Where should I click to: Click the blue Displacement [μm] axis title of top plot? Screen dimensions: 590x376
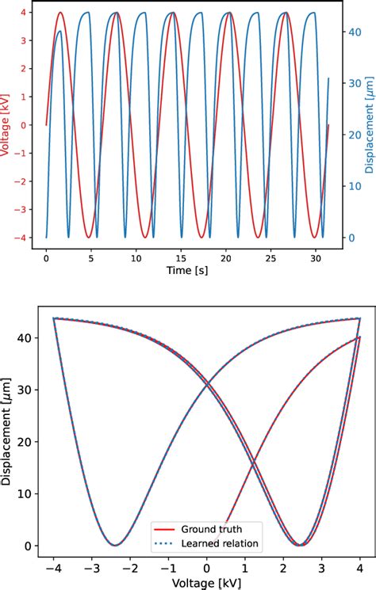[370, 124]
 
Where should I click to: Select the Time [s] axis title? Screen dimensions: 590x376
[182, 272]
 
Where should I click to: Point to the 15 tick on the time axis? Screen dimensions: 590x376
[181, 258]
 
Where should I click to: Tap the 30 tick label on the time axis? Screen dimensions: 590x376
[316, 258]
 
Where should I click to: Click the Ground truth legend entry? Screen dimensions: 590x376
[211, 528]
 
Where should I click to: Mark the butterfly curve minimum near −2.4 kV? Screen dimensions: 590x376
[115, 545]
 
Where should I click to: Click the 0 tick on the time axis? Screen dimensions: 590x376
[46, 258]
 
